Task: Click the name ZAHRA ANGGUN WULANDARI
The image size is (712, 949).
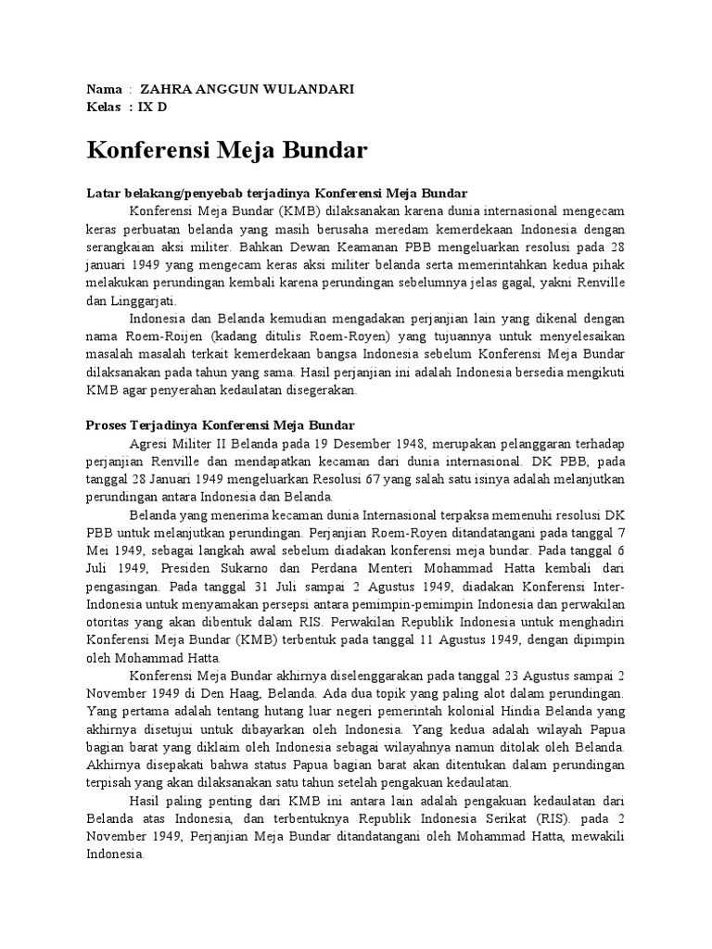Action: [233, 89]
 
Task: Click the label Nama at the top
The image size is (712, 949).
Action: [104, 89]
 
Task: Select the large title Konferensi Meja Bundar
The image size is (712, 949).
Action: [227, 149]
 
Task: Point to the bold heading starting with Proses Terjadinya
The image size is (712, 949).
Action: [214, 425]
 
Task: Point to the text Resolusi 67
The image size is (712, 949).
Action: [347, 478]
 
